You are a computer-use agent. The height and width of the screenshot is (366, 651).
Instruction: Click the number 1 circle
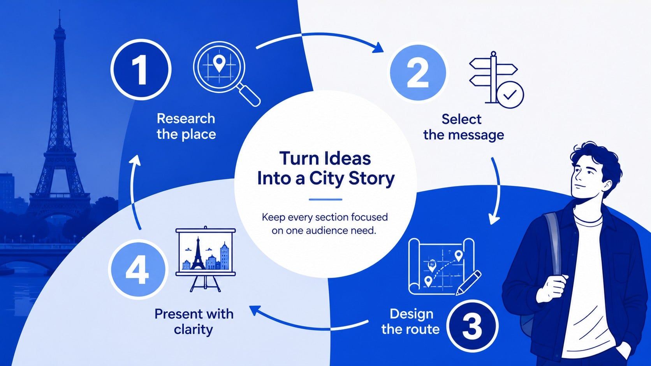(x=141, y=70)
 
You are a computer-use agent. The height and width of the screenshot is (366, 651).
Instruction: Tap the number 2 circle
(x=418, y=73)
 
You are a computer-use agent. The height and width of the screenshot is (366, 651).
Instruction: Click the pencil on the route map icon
(x=468, y=283)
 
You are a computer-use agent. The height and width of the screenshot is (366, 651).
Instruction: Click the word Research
(x=186, y=118)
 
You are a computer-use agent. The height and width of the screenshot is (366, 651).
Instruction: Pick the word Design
(x=411, y=314)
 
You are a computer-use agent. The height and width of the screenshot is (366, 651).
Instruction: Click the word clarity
(x=193, y=330)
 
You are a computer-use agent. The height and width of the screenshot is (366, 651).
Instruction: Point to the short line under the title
(x=325, y=200)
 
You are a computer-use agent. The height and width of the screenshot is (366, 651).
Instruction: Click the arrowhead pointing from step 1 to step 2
(x=378, y=48)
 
